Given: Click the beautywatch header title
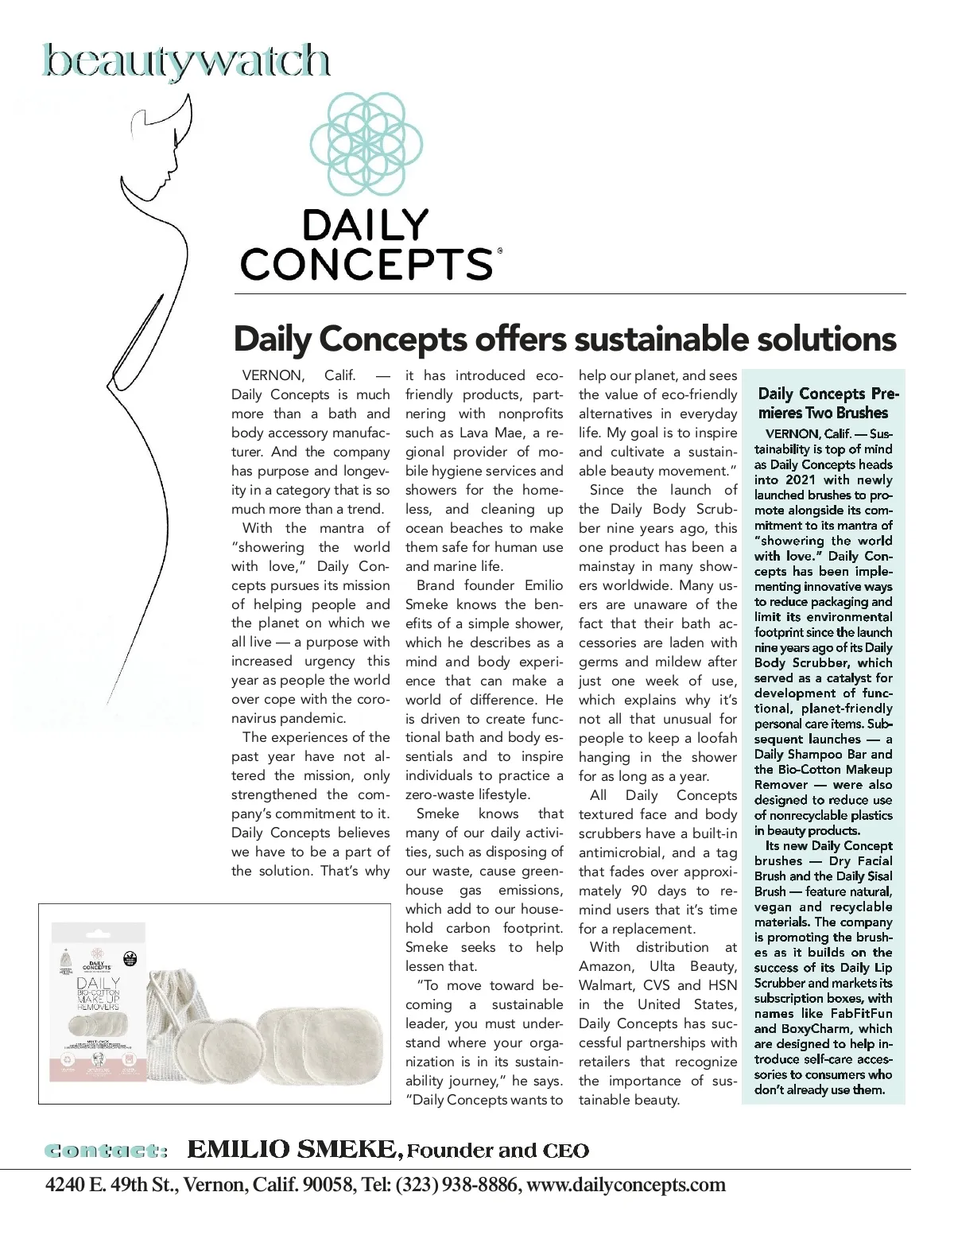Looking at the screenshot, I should pos(185,62).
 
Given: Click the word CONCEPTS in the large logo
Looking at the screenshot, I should pos(366,264).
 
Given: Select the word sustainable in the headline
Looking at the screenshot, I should pos(661,340).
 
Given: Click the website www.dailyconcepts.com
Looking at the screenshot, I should pos(626,1185).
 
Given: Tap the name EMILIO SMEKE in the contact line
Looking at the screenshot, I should pos(293,1150).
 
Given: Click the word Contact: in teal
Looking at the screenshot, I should pos(107,1151).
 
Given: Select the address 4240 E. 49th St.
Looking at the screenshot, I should pos(114,1185).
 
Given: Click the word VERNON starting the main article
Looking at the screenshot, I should pos(273,375).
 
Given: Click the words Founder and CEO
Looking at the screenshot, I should pos(498,1151).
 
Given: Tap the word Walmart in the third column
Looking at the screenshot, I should pos(606,986).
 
